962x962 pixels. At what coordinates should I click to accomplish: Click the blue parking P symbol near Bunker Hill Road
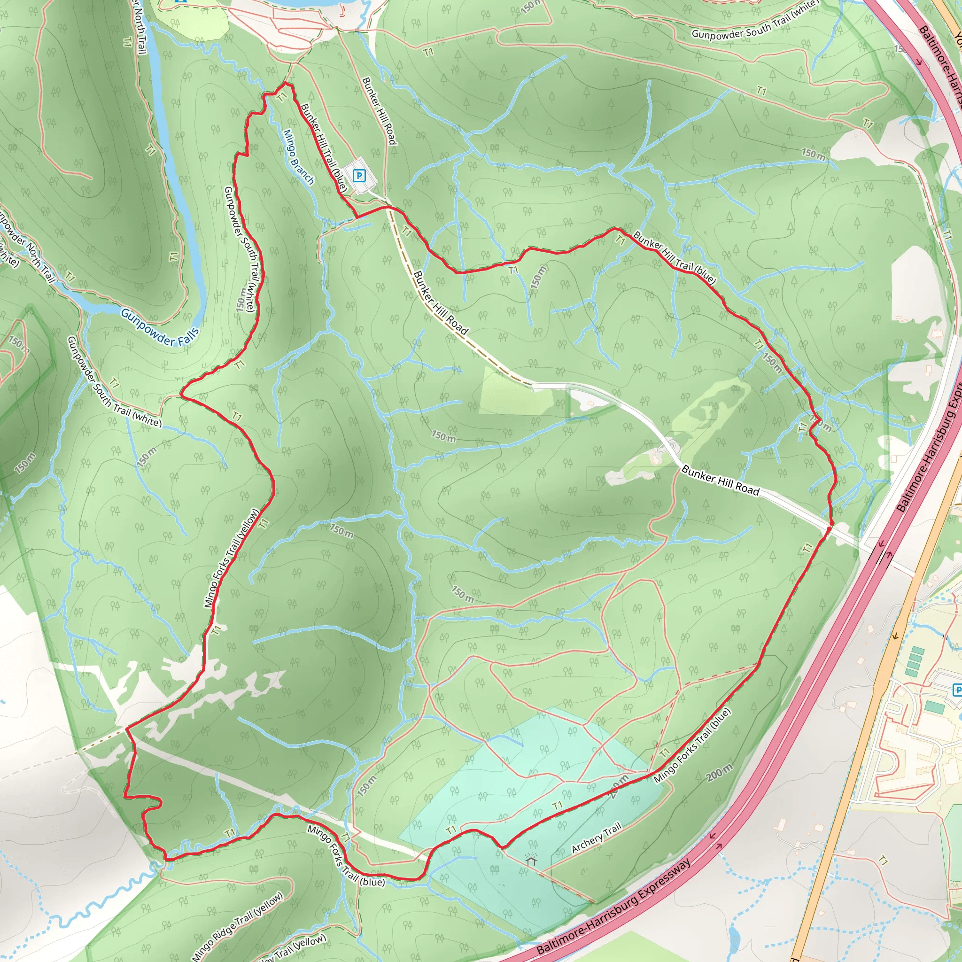click(359, 175)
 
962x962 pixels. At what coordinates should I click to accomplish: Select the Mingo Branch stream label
click(298, 157)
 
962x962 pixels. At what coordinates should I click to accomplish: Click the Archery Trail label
click(597, 838)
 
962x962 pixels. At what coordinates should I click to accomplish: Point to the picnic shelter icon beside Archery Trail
click(532, 858)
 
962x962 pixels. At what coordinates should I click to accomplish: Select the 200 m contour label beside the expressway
click(720, 772)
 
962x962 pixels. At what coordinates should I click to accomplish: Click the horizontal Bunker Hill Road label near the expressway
click(721, 481)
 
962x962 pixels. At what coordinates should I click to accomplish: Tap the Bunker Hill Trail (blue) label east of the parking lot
click(675, 257)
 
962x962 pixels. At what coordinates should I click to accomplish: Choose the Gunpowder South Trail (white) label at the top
click(755, 20)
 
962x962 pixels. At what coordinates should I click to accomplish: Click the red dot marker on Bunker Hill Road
click(829, 528)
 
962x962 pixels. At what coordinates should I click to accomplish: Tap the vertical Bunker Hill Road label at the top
click(379, 110)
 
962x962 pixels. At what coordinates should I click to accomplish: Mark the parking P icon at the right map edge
click(956, 690)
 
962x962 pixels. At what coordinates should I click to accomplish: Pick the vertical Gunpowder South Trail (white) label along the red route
click(240, 249)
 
